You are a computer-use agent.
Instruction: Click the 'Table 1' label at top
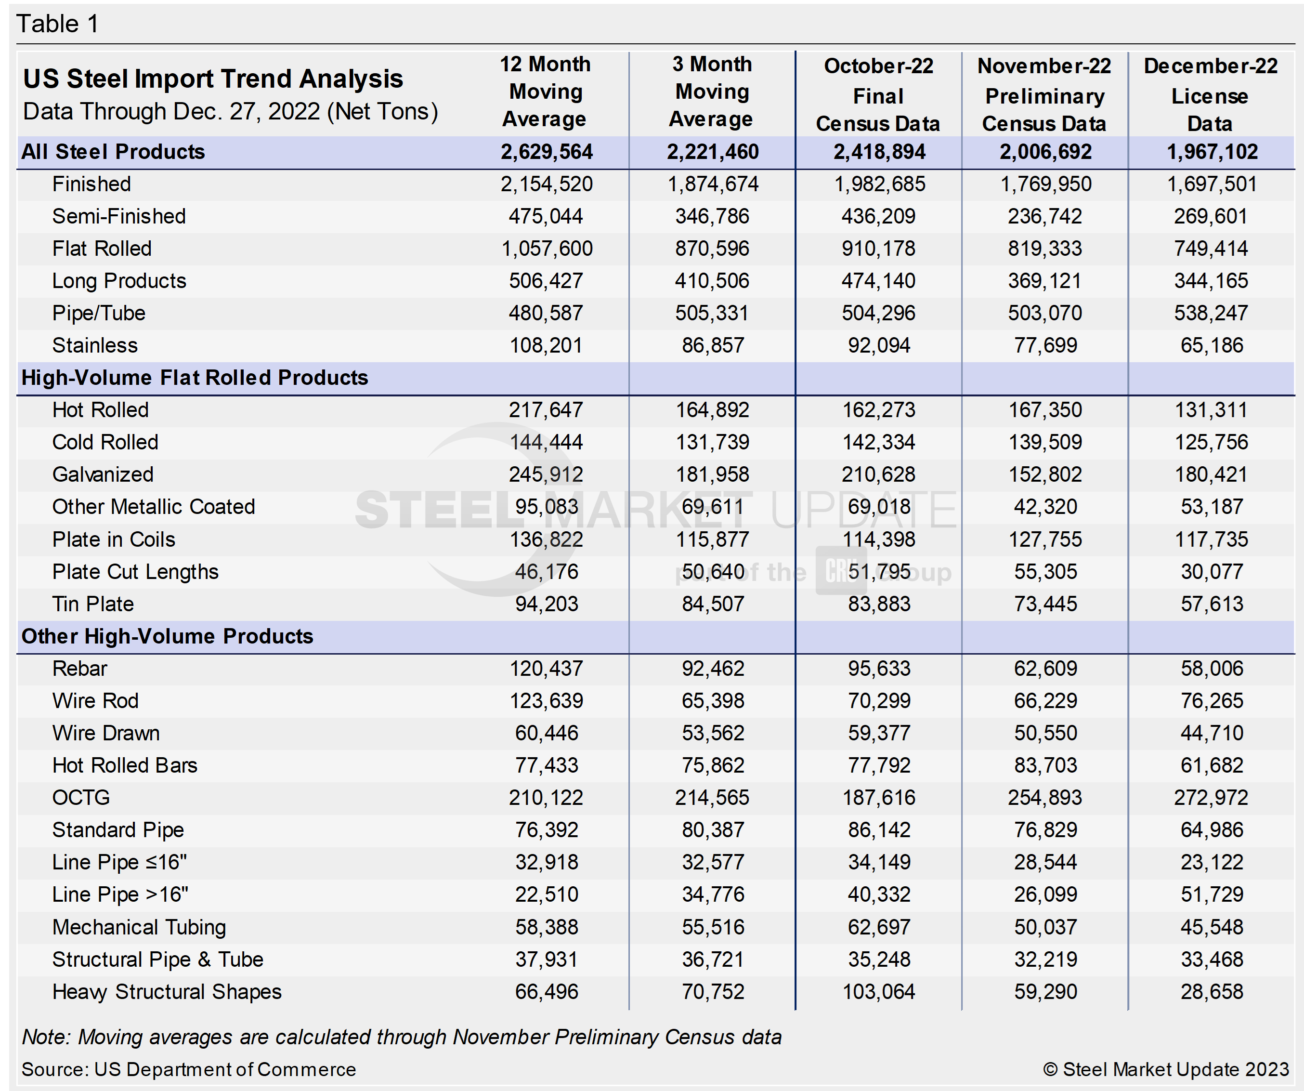click(x=57, y=24)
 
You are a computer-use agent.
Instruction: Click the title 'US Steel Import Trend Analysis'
click(x=213, y=79)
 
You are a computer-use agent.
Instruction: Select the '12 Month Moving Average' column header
click(x=545, y=92)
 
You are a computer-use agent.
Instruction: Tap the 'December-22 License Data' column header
click(x=1210, y=95)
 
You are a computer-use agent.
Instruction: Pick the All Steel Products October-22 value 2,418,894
click(x=879, y=152)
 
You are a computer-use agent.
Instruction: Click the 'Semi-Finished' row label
click(x=118, y=216)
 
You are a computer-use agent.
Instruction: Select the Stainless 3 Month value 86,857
click(x=712, y=345)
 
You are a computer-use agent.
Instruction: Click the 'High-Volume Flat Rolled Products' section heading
click(x=195, y=378)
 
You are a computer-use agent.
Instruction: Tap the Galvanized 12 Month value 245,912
click(x=546, y=474)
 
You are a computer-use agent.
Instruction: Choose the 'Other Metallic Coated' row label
click(x=154, y=507)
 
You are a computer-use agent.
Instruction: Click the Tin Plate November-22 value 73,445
click(x=1045, y=604)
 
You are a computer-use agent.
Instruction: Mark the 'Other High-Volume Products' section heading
click(x=167, y=636)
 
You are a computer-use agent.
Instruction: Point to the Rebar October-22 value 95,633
click(x=879, y=669)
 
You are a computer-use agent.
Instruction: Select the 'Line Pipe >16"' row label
click(x=120, y=894)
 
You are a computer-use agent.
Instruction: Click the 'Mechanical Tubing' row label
click(x=139, y=927)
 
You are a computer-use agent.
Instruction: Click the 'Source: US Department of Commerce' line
click(x=189, y=1069)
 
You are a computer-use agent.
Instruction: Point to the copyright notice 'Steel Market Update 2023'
click(x=1166, y=1069)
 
